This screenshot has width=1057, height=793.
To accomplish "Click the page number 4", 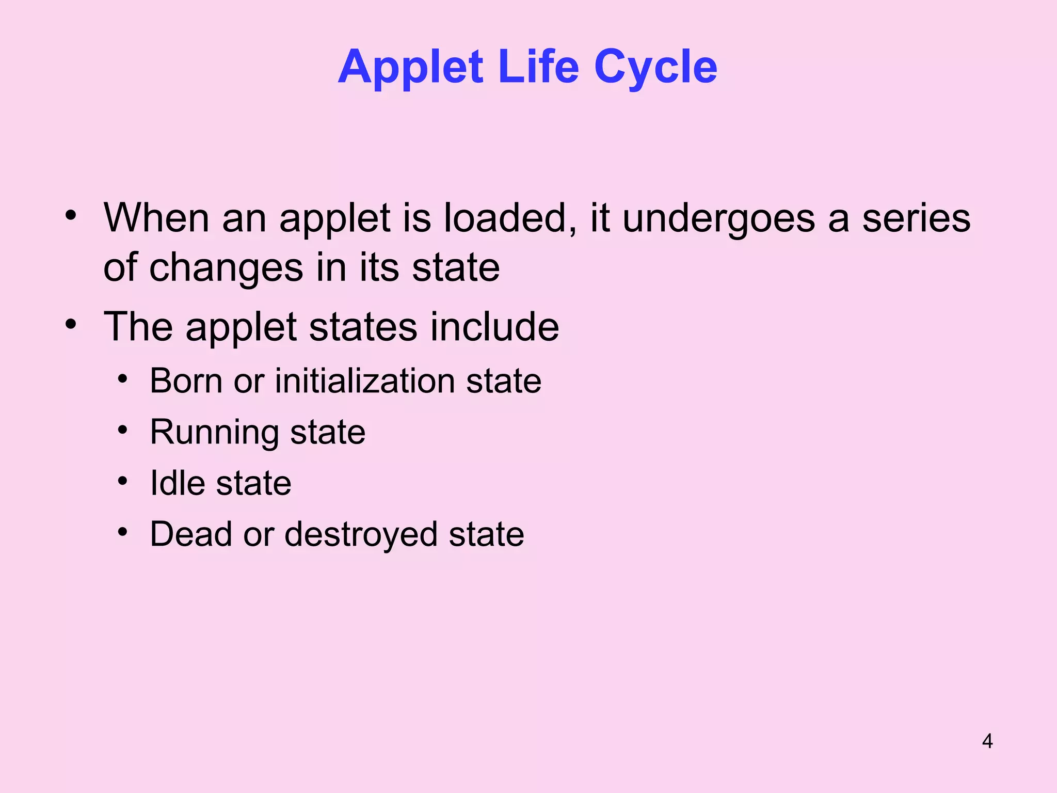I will tap(987, 741).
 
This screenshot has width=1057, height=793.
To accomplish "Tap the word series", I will tap(916, 218).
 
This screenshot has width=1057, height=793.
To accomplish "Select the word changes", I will tap(226, 268).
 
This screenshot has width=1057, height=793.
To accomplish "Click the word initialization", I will tap(364, 381).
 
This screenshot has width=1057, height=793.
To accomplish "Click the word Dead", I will tap(191, 534).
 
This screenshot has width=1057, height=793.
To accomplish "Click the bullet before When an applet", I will tap(71, 215).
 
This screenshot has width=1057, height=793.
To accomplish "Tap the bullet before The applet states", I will tap(71, 325).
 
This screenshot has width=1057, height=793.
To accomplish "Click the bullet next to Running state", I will tap(122, 430).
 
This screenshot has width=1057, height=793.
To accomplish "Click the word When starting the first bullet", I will tap(156, 218).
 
